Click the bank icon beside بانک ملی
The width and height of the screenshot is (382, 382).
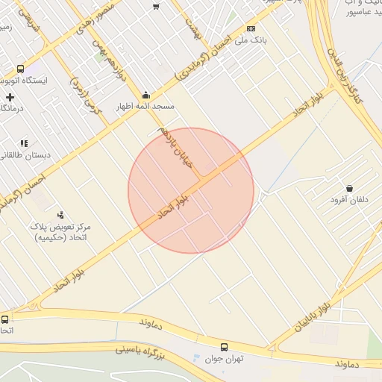[251, 28]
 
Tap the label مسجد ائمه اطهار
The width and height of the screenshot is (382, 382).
[145, 107]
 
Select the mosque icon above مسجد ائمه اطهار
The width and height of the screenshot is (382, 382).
[145, 95]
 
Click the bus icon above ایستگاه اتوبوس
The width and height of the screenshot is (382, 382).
[20, 68]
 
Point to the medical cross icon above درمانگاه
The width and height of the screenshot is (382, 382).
[10, 97]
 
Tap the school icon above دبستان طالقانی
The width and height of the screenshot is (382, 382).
[25, 143]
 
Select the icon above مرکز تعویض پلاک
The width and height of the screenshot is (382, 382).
[60, 214]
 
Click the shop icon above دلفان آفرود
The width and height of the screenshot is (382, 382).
[349, 188]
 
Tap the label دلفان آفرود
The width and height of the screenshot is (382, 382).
[349, 200]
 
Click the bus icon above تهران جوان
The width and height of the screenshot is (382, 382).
[224, 347]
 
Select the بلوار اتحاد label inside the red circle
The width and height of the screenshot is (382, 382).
[175, 206]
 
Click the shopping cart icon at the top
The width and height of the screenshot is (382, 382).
[156, 6]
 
